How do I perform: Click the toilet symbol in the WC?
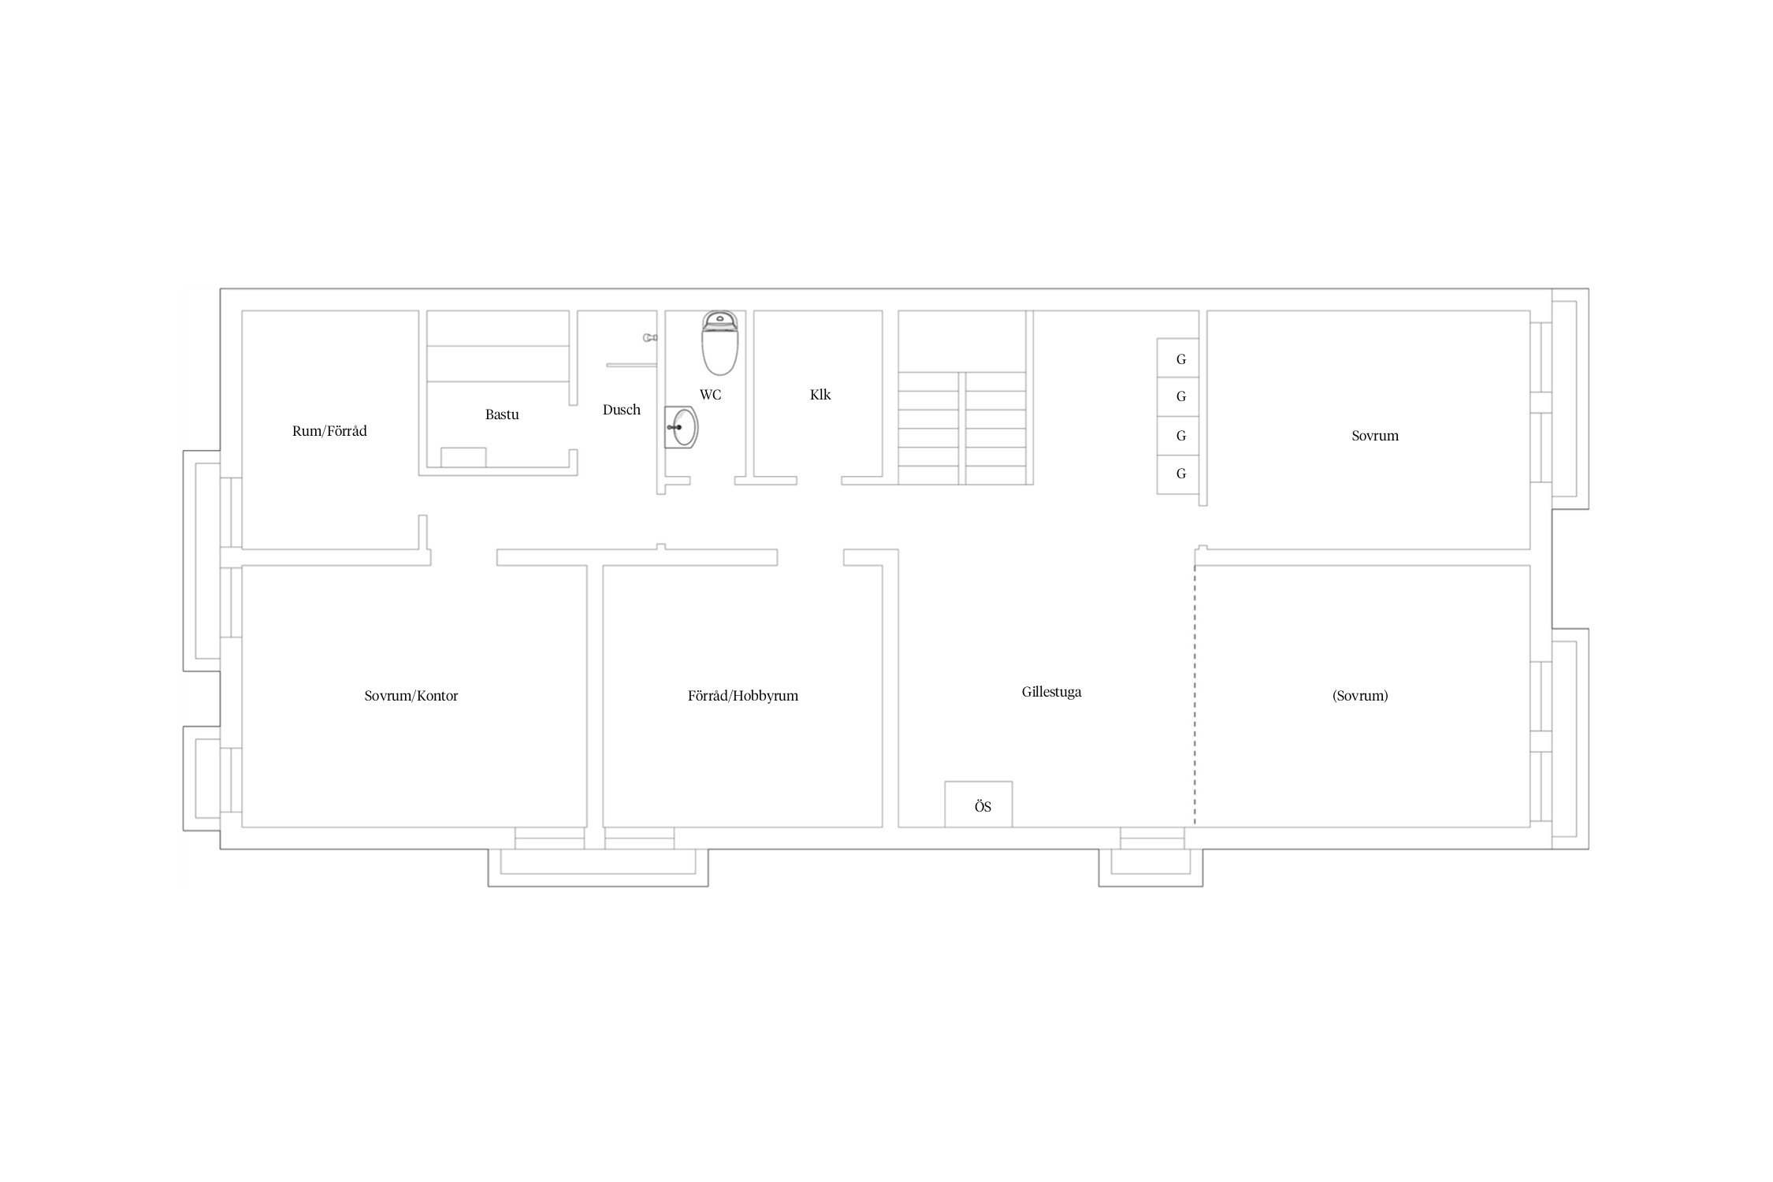(719, 343)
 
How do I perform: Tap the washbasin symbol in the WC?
(681, 427)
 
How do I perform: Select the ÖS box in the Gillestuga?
(979, 804)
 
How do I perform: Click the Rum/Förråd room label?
(329, 431)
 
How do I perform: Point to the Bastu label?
(502, 414)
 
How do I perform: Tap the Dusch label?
(622, 410)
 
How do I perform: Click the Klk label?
(820, 395)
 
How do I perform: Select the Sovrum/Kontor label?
(411, 696)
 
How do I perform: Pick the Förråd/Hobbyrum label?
(743, 696)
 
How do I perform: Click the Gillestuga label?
(1051, 692)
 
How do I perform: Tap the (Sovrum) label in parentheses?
(1360, 696)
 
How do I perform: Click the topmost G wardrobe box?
(1178, 358)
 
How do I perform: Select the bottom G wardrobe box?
(1178, 475)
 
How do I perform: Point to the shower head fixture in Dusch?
(650, 337)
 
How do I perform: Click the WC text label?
(710, 395)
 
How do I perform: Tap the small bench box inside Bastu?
(463, 457)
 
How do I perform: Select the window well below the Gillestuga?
(1150, 868)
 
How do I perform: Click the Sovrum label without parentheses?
(1375, 436)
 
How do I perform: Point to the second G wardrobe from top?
(1178, 397)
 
